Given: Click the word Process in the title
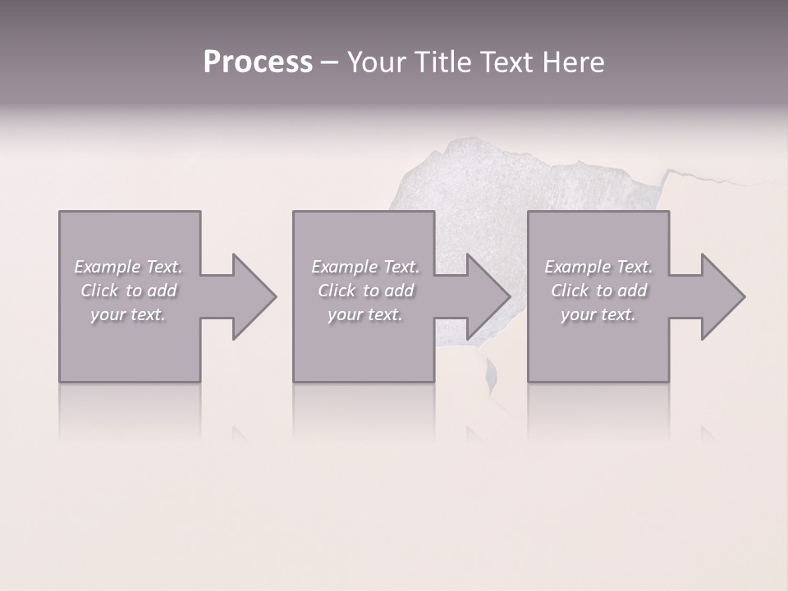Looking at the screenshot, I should (x=258, y=62).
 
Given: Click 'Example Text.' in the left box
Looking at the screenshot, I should (x=128, y=267).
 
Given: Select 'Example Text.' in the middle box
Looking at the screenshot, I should (x=365, y=267).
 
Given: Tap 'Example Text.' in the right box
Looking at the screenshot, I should (x=598, y=267).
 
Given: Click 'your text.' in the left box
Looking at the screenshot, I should (x=128, y=314).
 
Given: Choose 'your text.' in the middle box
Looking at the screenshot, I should (x=365, y=314).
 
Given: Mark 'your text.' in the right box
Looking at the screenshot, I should (x=598, y=314).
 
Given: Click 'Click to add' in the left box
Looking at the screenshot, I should (x=128, y=291).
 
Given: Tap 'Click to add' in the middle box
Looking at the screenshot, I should (x=365, y=291).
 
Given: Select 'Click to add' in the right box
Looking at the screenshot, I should (x=598, y=291).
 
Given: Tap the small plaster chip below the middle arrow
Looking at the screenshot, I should (x=491, y=373).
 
